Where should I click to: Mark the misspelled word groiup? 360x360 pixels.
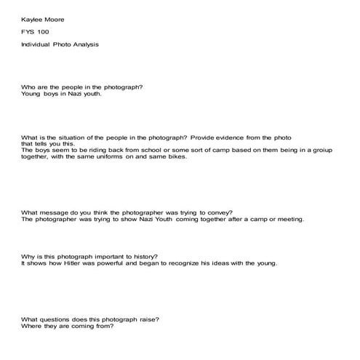point(318,150)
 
